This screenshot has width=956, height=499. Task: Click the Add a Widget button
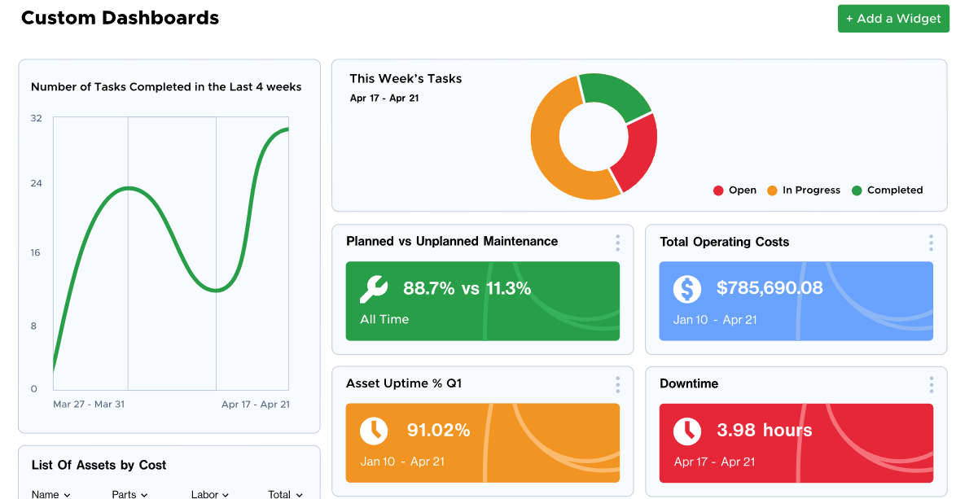(x=893, y=19)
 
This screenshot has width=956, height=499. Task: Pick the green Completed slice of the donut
(x=616, y=94)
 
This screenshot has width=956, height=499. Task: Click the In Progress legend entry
(x=804, y=190)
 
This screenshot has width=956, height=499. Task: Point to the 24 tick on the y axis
(x=37, y=183)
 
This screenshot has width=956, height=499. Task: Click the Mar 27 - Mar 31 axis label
(x=89, y=405)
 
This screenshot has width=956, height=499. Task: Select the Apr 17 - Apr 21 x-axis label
(x=255, y=405)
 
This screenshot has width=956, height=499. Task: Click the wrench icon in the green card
(x=374, y=288)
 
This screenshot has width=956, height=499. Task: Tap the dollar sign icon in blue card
(x=687, y=288)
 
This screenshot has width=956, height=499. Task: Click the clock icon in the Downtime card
(x=687, y=431)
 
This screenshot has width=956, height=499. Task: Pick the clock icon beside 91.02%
(x=374, y=431)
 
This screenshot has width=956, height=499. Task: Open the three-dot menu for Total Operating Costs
(x=931, y=243)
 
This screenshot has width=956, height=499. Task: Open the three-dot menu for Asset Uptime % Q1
(x=617, y=384)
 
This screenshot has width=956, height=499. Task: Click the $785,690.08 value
(x=770, y=288)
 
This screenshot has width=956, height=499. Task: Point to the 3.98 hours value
(x=764, y=431)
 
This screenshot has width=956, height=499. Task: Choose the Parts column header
(x=129, y=494)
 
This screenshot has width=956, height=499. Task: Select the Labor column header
(x=210, y=494)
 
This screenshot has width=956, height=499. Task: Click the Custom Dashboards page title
(x=120, y=18)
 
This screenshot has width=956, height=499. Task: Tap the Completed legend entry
(x=887, y=190)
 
